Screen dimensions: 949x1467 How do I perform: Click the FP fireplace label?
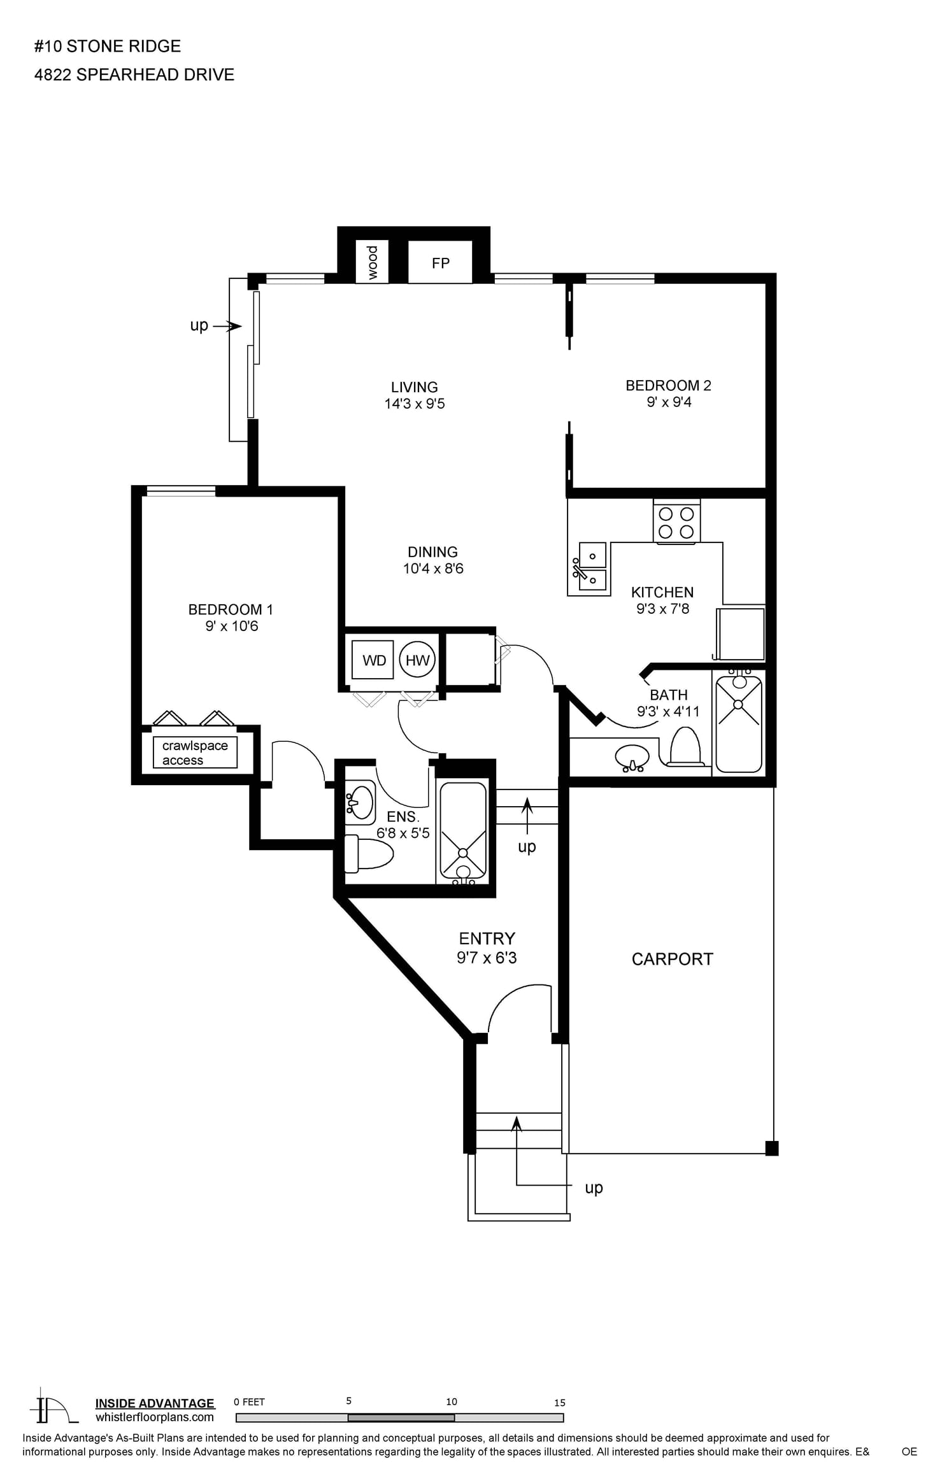coord(440,263)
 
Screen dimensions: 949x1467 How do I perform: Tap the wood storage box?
coord(372,262)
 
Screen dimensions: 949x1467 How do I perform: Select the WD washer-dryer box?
coord(373,660)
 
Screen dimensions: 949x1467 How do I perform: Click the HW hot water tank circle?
coord(417,660)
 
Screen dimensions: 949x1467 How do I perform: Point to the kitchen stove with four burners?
coord(676,522)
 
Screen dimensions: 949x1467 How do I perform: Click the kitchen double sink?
coord(592,566)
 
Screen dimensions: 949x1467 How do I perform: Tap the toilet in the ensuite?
coord(368,854)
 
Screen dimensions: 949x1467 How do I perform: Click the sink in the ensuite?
coord(360,802)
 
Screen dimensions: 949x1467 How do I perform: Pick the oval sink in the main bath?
coord(632,758)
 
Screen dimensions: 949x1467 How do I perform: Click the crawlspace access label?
coord(195,753)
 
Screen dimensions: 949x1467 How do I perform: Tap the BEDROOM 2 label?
coord(668,385)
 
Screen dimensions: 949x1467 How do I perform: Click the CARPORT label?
coord(672,959)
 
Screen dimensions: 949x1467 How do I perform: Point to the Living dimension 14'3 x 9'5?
coord(415,404)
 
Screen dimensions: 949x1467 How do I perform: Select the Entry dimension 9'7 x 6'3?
coord(487,958)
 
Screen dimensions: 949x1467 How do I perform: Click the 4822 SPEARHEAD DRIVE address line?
coord(134,74)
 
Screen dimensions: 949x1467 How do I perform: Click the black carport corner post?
coord(771,1148)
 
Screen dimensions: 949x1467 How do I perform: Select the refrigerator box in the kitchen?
coord(740,634)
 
